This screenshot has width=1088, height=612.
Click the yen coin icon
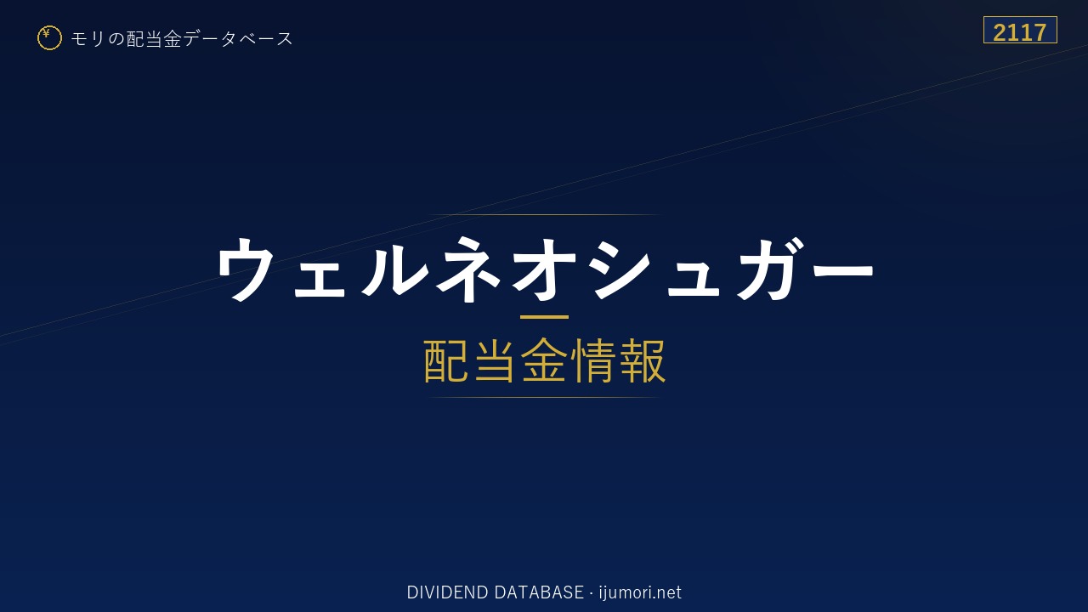pos(49,38)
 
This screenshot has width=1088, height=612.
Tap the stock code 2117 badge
pos(1020,30)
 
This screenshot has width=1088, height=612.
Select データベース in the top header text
pos(239,39)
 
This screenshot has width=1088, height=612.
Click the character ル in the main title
pos(394,269)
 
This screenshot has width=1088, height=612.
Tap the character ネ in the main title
pos(468,269)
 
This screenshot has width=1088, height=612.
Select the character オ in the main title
pos(544,269)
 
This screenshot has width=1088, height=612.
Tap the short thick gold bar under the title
pos(544,317)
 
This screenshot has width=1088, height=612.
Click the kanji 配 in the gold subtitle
pos(446,360)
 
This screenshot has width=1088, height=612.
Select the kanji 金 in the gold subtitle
pos(544,360)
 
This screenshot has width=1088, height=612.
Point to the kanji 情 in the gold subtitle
pos(592,360)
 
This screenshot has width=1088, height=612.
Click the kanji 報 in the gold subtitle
pos(642,360)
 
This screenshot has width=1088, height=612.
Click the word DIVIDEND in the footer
pos(447,592)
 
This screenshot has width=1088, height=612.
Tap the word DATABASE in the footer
pos(539,592)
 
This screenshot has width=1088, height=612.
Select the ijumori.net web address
pos(640,593)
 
